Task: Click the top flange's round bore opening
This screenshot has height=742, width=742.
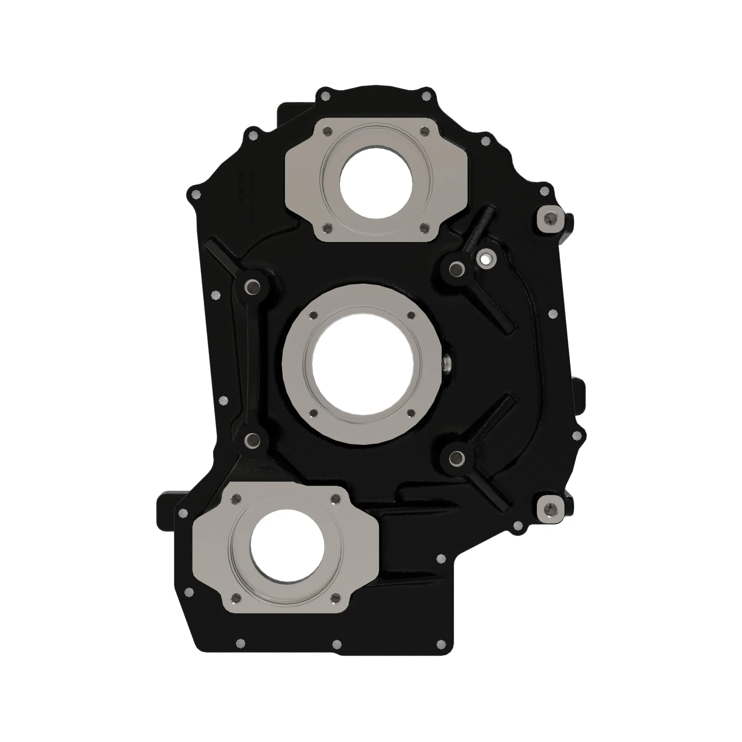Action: pyautogui.click(x=376, y=182)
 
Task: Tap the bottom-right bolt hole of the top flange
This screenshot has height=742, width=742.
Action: pyautogui.click(x=424, y=229)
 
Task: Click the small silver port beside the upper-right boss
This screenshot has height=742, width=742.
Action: pyautogui.click(x=485, y=259)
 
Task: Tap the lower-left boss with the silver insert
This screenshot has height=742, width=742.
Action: pyautogui.click(x=252, y=440)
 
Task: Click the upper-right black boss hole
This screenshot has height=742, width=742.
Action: pyautogui.click(x=455, y=269)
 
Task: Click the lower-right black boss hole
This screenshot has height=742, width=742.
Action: pyautogui.click(x=455, y=457)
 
